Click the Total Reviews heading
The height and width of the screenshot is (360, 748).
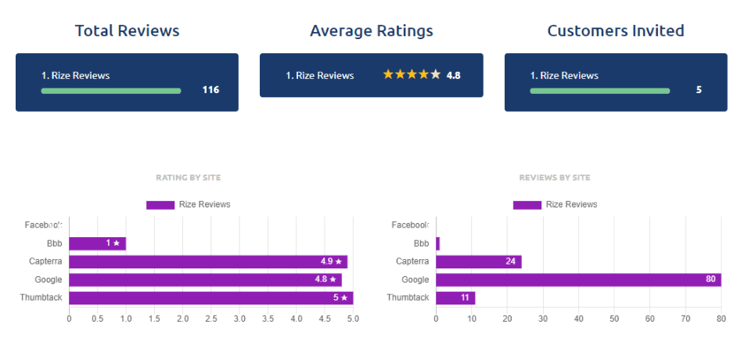coord(127,31)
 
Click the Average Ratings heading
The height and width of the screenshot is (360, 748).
coord(371,31)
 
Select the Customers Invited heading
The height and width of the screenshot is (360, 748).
coord(615,31)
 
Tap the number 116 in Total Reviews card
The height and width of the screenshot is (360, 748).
coord(210,90)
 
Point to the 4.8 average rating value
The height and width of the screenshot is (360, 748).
coord(453,76)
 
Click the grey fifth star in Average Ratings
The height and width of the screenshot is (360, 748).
coord(436,75)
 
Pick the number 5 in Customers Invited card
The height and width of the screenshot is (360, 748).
coord(699,90)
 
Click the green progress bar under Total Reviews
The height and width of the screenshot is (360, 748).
coord(110,91)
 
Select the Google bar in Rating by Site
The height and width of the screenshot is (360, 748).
coord(205,279)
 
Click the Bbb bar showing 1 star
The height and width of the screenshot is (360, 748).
coord(97,243)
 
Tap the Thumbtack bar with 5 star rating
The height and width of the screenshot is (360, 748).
coord(210,297)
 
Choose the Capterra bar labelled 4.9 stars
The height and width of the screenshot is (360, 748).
coord(207,261)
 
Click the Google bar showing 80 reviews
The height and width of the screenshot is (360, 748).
coord(577,279)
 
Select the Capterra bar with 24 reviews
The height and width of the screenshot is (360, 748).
coord(478,261)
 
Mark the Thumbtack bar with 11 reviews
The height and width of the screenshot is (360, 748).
coord(455,297)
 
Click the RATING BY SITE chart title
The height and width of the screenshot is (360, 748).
coord(188,178)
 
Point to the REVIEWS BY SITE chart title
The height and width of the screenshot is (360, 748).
coord(554,178)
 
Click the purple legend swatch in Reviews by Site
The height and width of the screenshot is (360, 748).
coord(527,205)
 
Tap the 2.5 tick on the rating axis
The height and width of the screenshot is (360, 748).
coord(211,319)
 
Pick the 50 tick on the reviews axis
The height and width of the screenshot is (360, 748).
coord(614,319)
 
